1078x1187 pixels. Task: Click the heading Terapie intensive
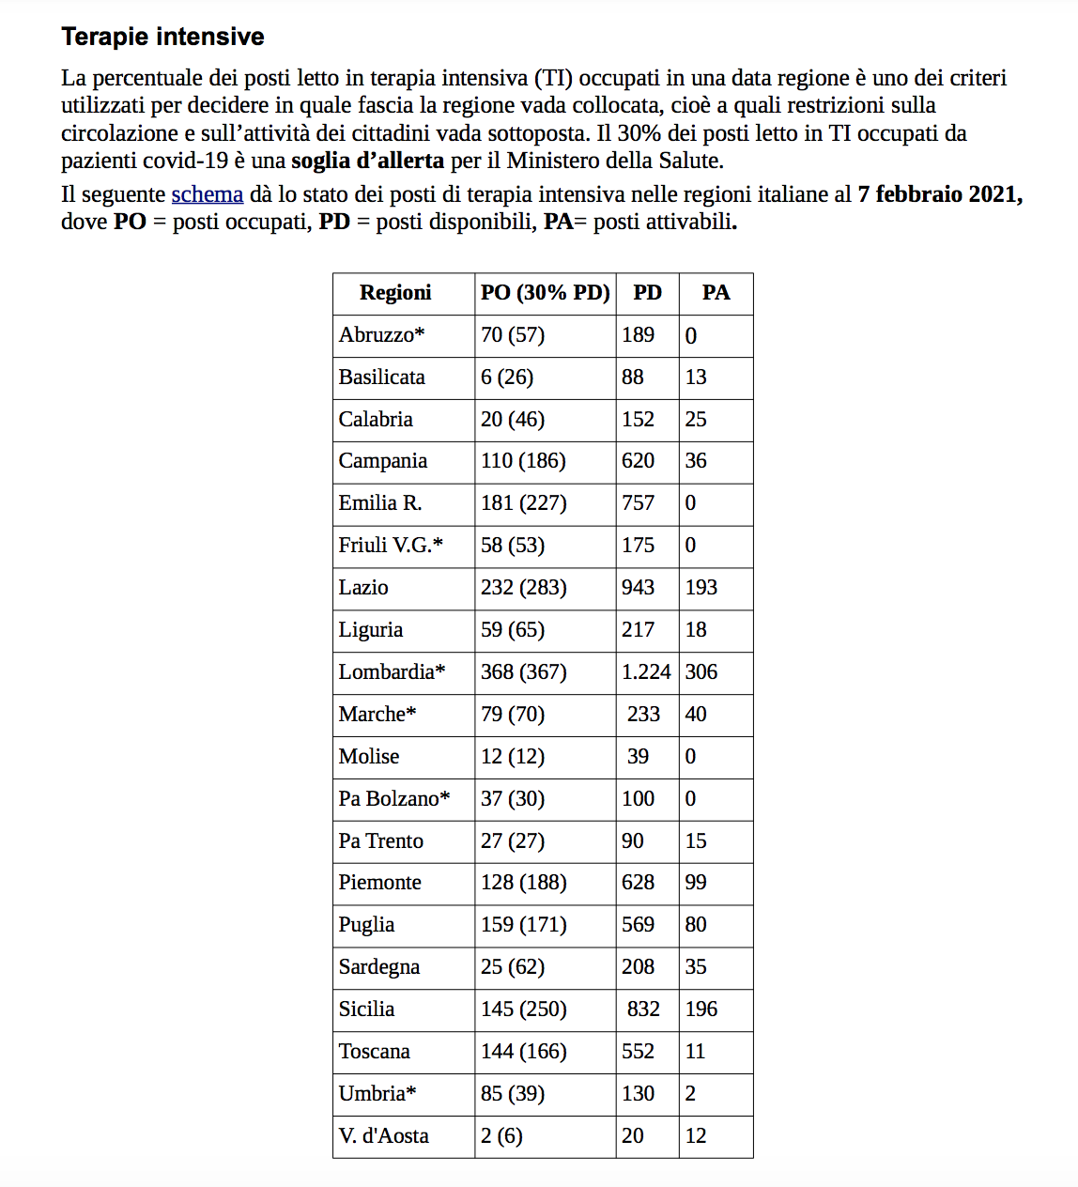(x=162, y=37)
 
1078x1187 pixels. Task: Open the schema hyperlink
(x=207, y=194)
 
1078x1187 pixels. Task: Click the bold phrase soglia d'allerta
(x=367, y=161)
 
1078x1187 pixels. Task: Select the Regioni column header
(x=395, y=293)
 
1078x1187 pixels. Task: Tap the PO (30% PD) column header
(x=545, y=293)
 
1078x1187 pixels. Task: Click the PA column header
(x=716, y=293)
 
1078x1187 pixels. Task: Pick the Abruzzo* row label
(x=381, y=335)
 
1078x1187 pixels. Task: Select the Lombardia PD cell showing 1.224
(x=646, y=672)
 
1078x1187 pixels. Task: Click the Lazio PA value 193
(x=701, y=588)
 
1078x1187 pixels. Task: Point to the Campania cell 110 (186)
(x=523, y=461)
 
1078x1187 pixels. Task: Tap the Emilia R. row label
(x=380, y=503)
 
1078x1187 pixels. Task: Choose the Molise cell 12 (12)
(x=512, y=757)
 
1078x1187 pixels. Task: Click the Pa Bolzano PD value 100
(x=638, y=799)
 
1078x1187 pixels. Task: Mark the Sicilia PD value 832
(x=643, y=1010)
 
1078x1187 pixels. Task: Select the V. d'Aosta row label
(x=383, y=1136)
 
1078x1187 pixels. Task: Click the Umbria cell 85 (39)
(x=512, y=1094)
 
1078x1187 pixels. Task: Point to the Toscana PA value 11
(x=695, y=1052)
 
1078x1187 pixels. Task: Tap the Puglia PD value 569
(x=638, y=925)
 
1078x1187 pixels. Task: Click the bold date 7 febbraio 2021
(x=939, y=194)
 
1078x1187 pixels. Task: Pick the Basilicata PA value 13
(x=696, y=378)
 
